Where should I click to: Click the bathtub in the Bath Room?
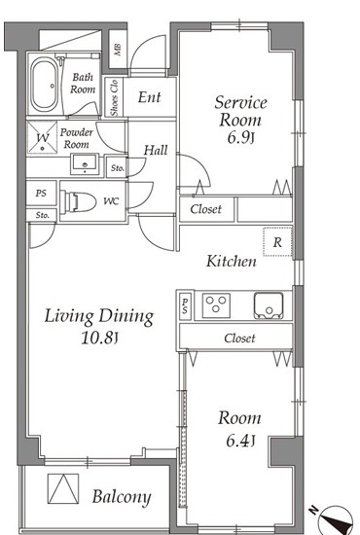click(45, 85)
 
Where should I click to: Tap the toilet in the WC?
click(78, 202)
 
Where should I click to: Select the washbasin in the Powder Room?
click(85, 164)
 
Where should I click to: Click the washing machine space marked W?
click(42, 138)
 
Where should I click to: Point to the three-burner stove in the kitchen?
click(216, 305)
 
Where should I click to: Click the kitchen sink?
click(269, 305)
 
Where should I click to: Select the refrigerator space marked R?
click(277, 242)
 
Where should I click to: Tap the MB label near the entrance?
click(118, 50)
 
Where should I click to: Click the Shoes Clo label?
click(114, 98)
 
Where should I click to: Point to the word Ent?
click(149, 97)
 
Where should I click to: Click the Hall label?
click(156, 150)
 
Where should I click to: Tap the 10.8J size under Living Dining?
click(99, 339)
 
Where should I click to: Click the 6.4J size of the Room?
click(240, 441)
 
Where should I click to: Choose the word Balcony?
click(122, 497)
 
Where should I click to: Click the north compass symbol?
click(335, 521)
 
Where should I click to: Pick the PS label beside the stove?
click(185, 305)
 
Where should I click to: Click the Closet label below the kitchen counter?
click(239, 339)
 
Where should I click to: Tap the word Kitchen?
click(232, 262)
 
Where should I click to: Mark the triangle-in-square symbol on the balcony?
click(63, 488)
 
